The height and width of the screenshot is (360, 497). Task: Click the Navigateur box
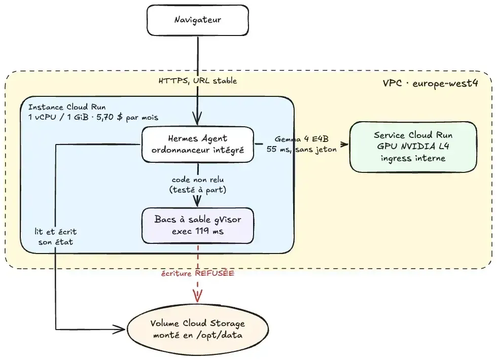click(197, 20)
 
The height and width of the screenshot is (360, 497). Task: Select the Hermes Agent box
click(197, 145)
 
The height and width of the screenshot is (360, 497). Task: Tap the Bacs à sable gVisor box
click(197, 226)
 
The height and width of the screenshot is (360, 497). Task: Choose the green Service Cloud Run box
click(413, 147)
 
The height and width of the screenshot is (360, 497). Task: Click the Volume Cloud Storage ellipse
click(197, 329)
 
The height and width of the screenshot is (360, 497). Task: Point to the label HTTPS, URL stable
click(198, 81)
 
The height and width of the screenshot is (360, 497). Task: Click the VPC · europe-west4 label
click(430, 83)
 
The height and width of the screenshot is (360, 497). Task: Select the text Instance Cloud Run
click(67, 107)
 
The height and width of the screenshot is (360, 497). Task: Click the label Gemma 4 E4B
click(301, 139)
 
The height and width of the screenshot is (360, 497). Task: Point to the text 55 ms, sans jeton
click(301, 149)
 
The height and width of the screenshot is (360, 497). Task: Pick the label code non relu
click(198, 179)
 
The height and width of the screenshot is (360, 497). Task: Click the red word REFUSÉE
click(215, 273)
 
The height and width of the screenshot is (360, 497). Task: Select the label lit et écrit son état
click(56, 237)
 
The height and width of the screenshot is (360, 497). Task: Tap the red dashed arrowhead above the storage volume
click(197, 296)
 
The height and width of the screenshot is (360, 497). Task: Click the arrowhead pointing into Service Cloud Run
click(344, 145)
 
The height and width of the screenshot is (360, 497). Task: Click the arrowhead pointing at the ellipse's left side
click(120, 330)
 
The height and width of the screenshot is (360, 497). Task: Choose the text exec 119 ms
click(198, 231)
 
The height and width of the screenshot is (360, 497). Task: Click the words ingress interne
click(413, 158)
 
